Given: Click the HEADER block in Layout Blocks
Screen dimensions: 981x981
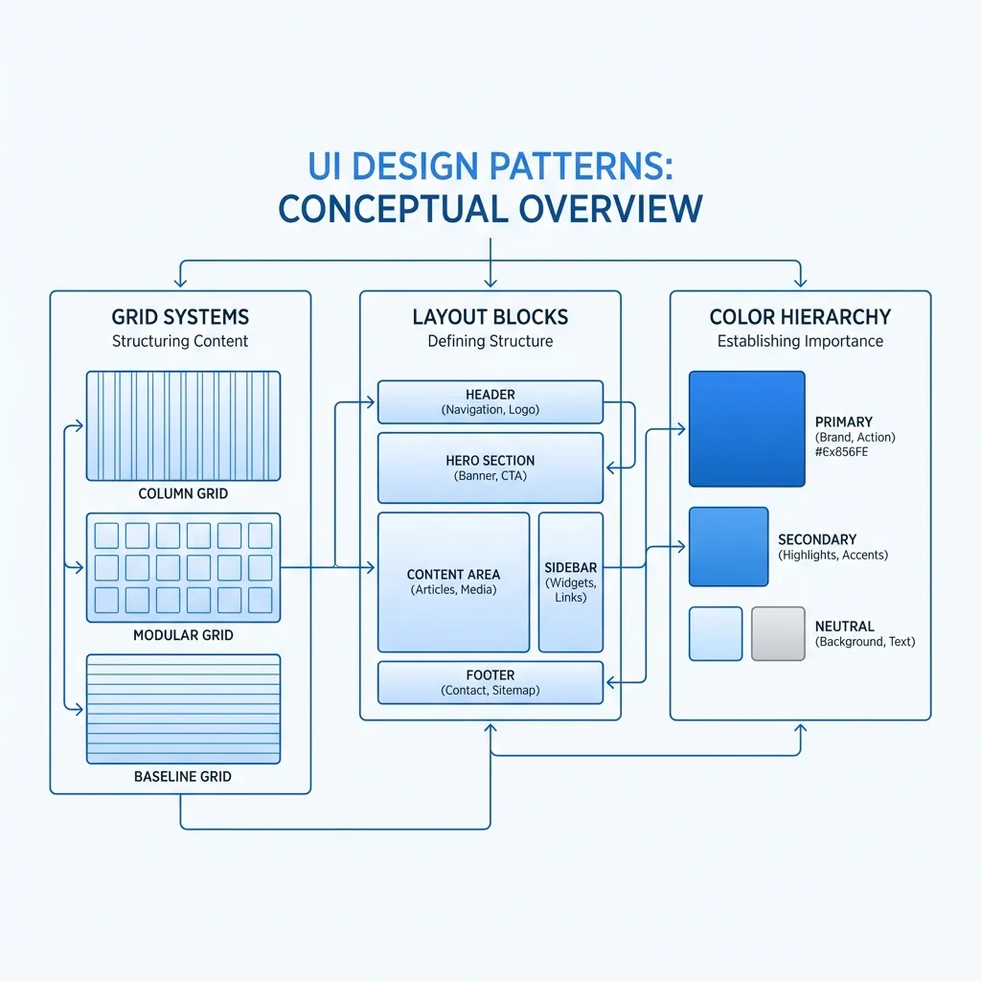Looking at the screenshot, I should (x=490, y=401).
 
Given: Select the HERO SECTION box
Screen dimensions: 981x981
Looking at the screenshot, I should (x=490, y=468).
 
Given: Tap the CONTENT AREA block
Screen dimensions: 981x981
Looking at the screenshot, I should (x=453, y=582).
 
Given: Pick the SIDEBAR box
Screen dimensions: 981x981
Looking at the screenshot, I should (x=571, y=582).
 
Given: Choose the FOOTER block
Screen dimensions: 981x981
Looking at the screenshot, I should (x=490, y=682).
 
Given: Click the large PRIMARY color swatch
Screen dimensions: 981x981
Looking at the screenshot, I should (x=747, y=428).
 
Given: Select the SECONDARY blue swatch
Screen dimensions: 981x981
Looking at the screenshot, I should (x=728, y=546).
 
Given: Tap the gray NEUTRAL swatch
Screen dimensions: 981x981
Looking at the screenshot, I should (x=778, y=633).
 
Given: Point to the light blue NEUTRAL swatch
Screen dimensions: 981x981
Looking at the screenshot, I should (x=716, y=633).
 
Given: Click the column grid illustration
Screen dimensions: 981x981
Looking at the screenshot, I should (x=183, y=425).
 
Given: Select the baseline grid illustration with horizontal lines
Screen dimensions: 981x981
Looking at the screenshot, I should (x=183, y=709).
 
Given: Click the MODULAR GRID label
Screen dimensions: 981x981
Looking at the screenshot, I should (x=183, y=635).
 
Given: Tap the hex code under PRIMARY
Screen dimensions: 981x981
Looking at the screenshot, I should (x=841, y=451).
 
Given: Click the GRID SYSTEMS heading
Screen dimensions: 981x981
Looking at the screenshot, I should (x=180, y=317).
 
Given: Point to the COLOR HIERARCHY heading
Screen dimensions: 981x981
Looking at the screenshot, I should (x=800, y=317).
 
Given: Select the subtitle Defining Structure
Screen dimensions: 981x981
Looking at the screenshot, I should (x=490, y=341).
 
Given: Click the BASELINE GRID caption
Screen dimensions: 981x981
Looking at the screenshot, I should (x=183, y=776).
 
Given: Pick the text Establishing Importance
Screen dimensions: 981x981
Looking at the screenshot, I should (x=800, y=341).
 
